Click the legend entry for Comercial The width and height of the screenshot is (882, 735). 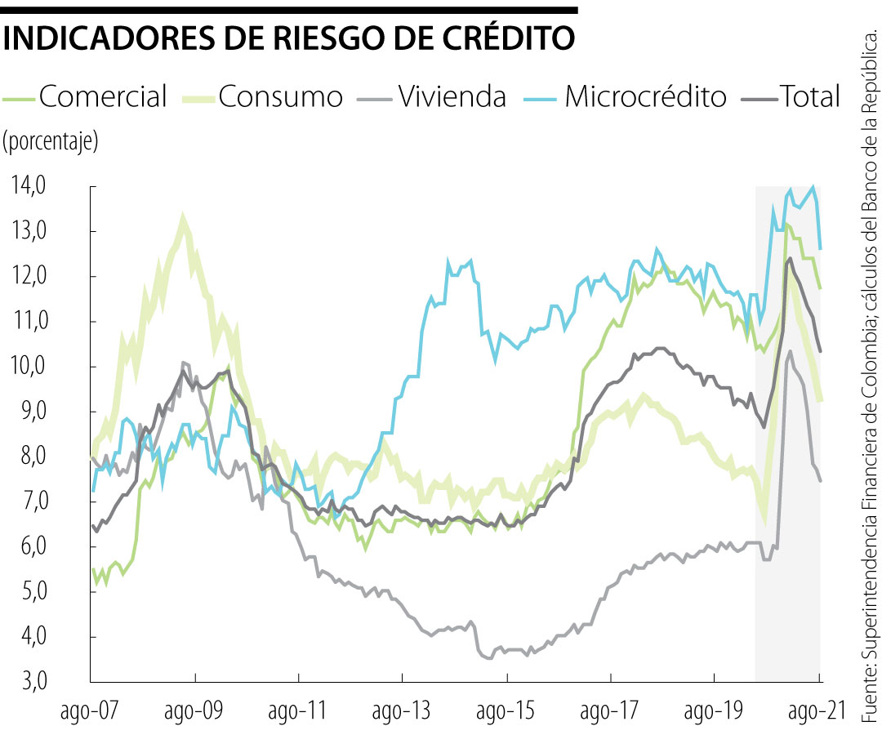[x=103, y=96]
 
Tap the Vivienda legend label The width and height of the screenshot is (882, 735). [x=452, y=96]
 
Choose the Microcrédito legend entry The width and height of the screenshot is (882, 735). [x=645, y=96]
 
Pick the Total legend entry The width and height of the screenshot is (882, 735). [x=809, y=96]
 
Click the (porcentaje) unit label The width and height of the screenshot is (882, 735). [x=51, y=141]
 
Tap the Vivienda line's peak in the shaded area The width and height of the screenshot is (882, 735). [x=790, y=352]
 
